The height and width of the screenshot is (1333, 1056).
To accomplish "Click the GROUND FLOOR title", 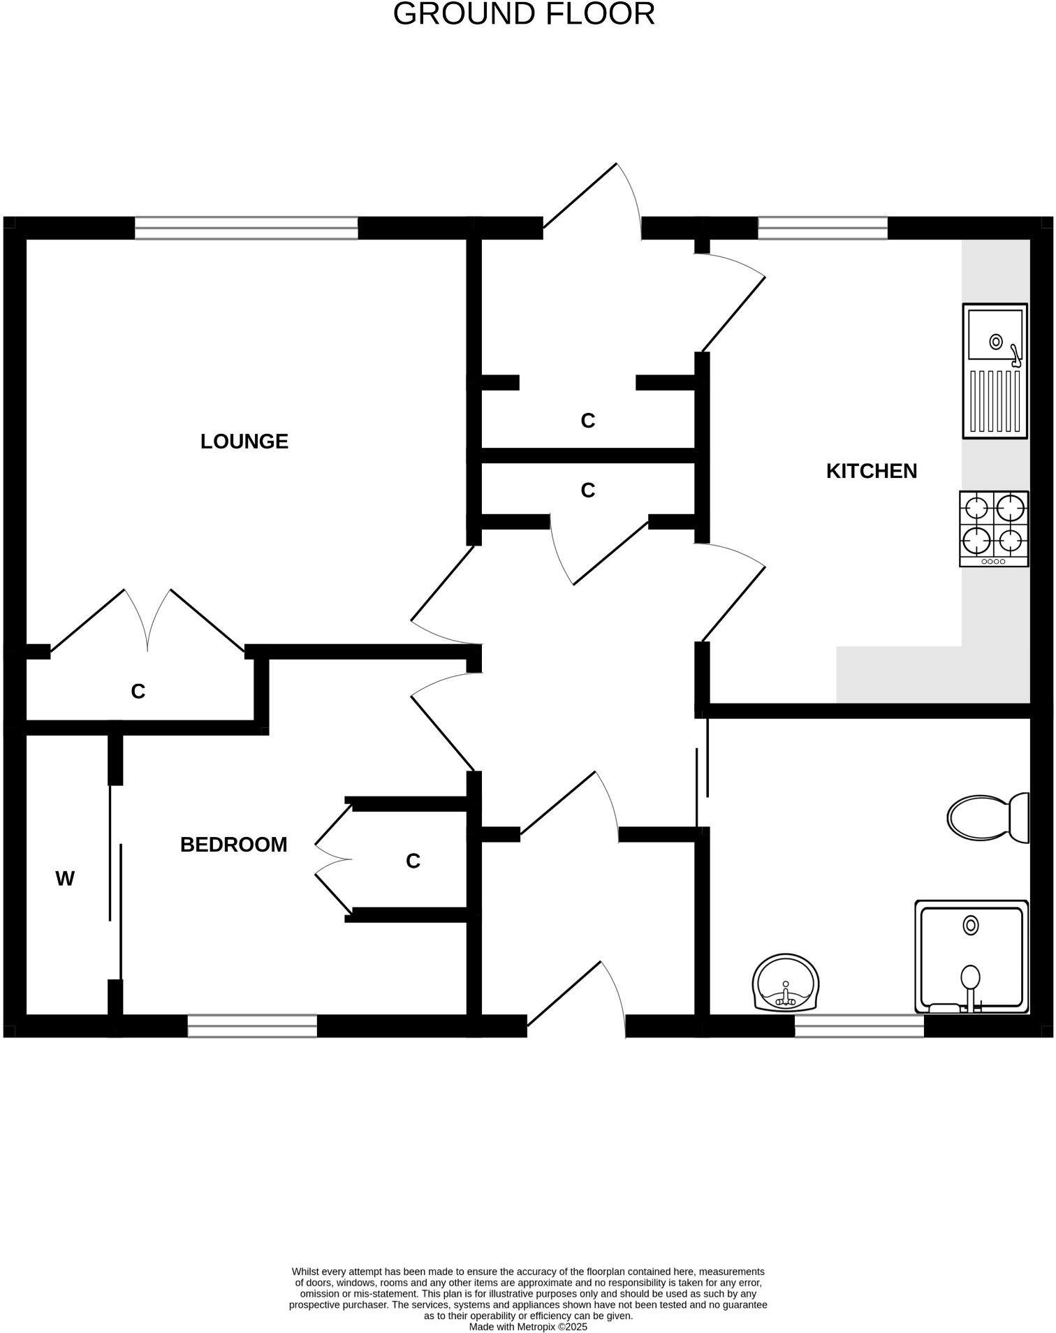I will pos(524,14).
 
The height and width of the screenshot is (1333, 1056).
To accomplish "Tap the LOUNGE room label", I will pos(244,442).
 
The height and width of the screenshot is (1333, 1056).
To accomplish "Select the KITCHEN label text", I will pos(871,471).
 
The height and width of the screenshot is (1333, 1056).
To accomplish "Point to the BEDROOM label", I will pos(233,845).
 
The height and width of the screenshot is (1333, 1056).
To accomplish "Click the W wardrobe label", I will pos(65,879).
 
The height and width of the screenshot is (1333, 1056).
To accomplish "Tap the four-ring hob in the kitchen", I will pos(993,527).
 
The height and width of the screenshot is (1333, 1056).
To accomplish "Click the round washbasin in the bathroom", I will pos(786,982).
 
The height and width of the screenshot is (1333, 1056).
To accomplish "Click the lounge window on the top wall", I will pos(246,228).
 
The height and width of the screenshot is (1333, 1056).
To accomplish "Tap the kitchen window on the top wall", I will pos(822,228).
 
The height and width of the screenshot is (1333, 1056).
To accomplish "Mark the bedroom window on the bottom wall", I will pos(252,1026).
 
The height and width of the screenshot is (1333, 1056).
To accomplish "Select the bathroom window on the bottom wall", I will pos(859,1026).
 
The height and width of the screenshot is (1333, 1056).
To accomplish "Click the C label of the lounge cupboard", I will pos(138,691).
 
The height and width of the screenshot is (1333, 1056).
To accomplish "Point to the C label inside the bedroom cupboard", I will pos(413,861).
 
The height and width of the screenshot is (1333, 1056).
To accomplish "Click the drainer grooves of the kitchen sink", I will pos(995,401).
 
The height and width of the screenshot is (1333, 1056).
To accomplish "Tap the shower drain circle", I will pos(970,925).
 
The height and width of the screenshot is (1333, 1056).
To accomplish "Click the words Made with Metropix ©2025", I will pos(528,1326).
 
